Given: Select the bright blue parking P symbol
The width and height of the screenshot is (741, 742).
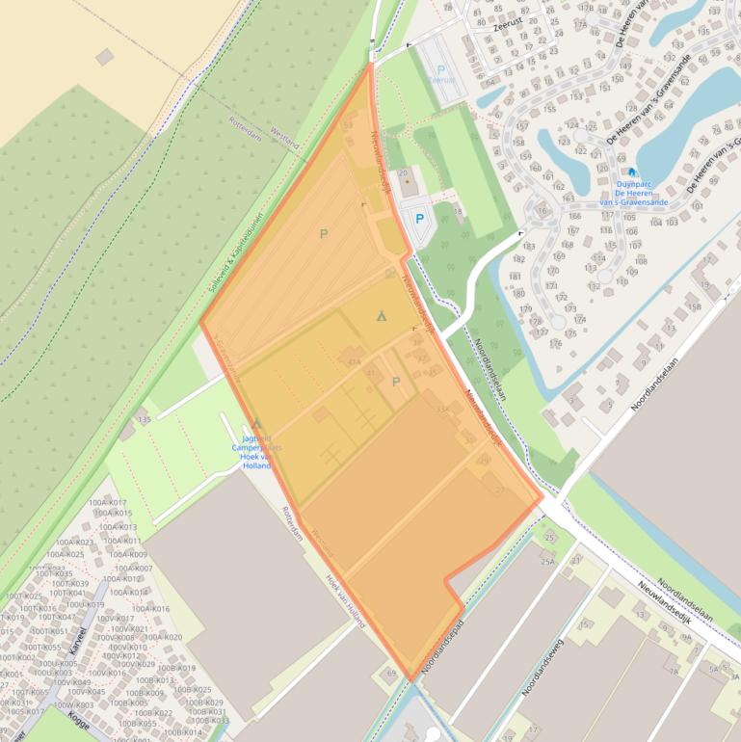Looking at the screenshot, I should tap(419, 219).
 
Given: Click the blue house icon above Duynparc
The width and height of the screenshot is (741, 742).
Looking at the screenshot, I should tap(632, 172).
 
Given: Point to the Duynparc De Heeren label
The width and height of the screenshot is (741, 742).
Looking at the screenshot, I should tap(634, 193).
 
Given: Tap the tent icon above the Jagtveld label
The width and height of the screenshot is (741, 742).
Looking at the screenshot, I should tap(255, 423).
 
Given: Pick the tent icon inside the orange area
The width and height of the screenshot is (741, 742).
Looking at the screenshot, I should tap(382, 315).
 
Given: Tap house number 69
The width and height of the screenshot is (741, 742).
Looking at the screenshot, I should tap(391, 673).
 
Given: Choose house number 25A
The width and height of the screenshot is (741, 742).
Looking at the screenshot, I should tap(548, 562).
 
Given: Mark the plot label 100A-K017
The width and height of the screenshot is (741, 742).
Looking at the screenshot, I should tap(108, 503).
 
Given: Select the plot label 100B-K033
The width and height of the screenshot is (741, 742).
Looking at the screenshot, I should tap(209, 720).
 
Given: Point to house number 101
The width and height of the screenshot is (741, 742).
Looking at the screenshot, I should tap(697, 206).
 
